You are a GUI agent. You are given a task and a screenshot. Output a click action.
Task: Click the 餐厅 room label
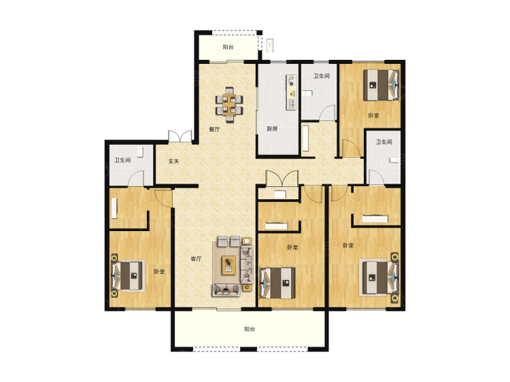214,129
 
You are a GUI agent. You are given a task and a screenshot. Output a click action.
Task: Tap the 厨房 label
272,128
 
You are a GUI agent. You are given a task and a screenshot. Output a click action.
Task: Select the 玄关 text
173,161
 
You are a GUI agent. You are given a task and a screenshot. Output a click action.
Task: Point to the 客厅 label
196,259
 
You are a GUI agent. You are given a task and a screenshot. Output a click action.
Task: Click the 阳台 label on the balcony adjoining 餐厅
228,47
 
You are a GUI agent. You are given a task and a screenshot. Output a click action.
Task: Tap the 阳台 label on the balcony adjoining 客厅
250,329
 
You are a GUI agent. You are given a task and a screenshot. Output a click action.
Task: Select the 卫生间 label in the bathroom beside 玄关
122,160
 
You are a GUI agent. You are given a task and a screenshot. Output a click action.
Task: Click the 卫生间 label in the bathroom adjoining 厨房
322,75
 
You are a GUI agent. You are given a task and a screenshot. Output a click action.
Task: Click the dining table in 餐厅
230,104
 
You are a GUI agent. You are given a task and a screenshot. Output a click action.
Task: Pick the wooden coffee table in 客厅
228,265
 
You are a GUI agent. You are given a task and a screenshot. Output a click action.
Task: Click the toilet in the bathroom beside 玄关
140,152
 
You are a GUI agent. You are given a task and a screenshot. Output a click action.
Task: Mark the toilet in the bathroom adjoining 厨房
307,94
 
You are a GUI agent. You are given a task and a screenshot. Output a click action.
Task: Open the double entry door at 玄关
180,136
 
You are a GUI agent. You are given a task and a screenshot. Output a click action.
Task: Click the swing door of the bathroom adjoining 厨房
328,113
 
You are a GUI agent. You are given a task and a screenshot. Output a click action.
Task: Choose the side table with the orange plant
248,288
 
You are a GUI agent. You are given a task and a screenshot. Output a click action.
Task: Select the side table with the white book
248,241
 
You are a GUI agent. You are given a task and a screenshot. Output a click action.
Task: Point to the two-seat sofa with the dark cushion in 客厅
226,290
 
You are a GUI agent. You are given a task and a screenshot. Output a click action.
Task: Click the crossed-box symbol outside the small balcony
270,46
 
